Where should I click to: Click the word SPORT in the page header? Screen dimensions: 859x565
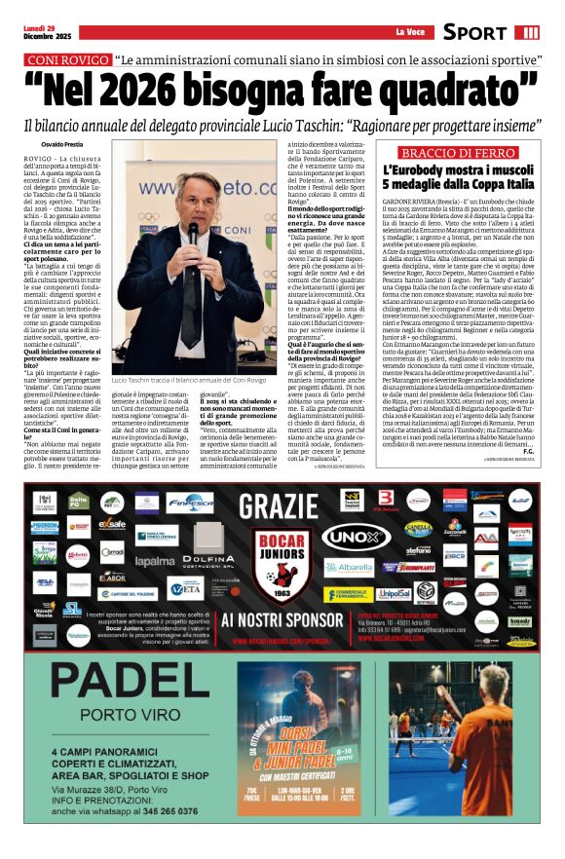(x=474, y=32)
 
